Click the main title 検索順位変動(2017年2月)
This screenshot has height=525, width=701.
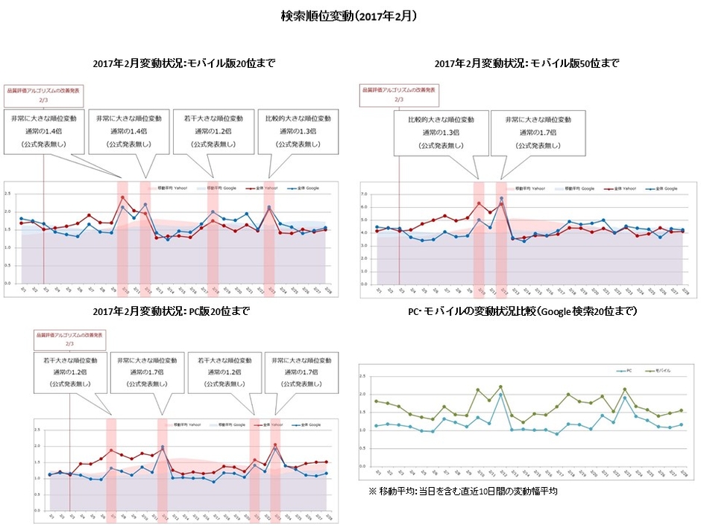click(349, 16)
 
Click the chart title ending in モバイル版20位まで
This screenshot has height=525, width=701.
click(183, 64)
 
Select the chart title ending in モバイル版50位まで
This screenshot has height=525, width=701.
click(526, 64)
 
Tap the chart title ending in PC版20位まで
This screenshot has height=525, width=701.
click(171, 311)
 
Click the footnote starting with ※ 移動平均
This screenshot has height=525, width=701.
click(463, 491)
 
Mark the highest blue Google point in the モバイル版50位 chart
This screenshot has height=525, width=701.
click(501, 199)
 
